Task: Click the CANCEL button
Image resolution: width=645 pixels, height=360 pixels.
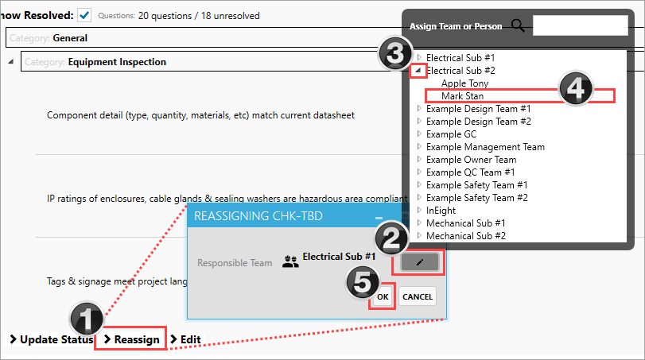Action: [x=417, y=296]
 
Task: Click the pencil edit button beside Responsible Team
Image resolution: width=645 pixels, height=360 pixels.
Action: [x=420, y=262]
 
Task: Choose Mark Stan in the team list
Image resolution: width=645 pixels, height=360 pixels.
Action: [x=462, y=96]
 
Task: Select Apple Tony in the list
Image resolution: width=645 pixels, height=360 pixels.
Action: [x=464, y=83]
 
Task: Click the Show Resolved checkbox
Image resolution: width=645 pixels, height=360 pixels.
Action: [x=84, y=16]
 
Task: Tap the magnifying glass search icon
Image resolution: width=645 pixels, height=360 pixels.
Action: [x=519, y=26]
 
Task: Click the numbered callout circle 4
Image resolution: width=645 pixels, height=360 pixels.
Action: [x=576, y=88]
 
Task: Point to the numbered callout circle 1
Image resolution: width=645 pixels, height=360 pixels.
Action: [x=87, y=319]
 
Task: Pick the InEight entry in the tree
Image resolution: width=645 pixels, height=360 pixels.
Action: [x=441, y=211]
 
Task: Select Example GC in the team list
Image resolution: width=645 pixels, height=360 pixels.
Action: [x=451, y=134]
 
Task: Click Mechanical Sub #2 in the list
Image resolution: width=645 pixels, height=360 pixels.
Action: [x=465, y=236]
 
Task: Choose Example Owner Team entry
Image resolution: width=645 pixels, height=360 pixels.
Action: [x=471, y=160]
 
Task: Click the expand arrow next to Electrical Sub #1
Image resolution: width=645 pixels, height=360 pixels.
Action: [x=419, y=57]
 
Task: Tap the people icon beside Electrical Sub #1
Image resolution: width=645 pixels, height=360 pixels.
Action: [x=290, y=261]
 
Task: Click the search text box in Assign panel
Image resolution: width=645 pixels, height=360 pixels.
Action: [x=580, y=25]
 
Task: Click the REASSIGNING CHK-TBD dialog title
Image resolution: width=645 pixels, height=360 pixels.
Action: [x=258, y=216]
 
